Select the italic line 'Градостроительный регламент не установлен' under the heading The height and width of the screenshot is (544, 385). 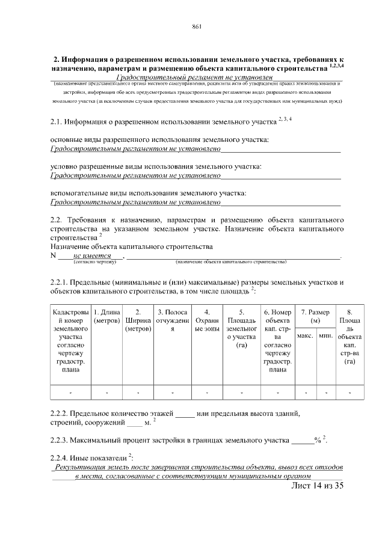(195, 78)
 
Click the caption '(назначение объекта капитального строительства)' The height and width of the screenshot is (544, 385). (230, 262)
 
